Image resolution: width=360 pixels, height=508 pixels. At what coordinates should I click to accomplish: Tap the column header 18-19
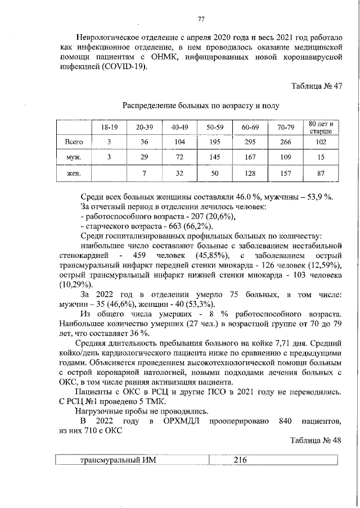110,128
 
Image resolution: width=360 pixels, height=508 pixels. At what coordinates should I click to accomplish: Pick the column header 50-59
215,128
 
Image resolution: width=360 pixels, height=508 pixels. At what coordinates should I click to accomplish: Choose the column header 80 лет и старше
321,127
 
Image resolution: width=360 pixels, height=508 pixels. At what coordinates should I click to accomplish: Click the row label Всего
74,142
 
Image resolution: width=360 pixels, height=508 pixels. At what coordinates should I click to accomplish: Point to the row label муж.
74,158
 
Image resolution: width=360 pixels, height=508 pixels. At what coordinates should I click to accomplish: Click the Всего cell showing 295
250,142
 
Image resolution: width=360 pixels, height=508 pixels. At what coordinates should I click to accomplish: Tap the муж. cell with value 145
215,158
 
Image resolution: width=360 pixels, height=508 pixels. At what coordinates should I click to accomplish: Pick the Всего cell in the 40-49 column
180,142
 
